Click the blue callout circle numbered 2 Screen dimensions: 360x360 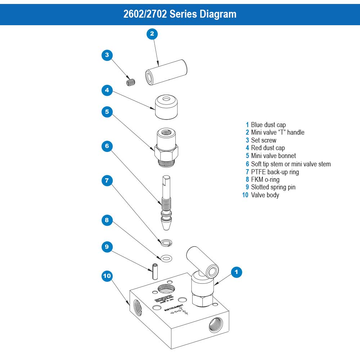click(x=152, y=34)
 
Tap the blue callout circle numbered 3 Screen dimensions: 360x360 click(x=107, y=55)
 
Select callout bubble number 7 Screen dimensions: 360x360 click(x=107, y=180)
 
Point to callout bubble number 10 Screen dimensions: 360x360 click(x=107, y=276)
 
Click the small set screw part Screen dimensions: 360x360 click(x=130, y=82)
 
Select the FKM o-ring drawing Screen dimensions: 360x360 click(x=166, y=258)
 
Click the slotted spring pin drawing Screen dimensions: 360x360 click(x=154, y=271)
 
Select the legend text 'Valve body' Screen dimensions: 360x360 click(x=265, y=195)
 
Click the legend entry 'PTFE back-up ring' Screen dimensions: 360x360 click(x=275, y=172)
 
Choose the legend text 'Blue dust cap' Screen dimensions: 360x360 click(x=268, y=125)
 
